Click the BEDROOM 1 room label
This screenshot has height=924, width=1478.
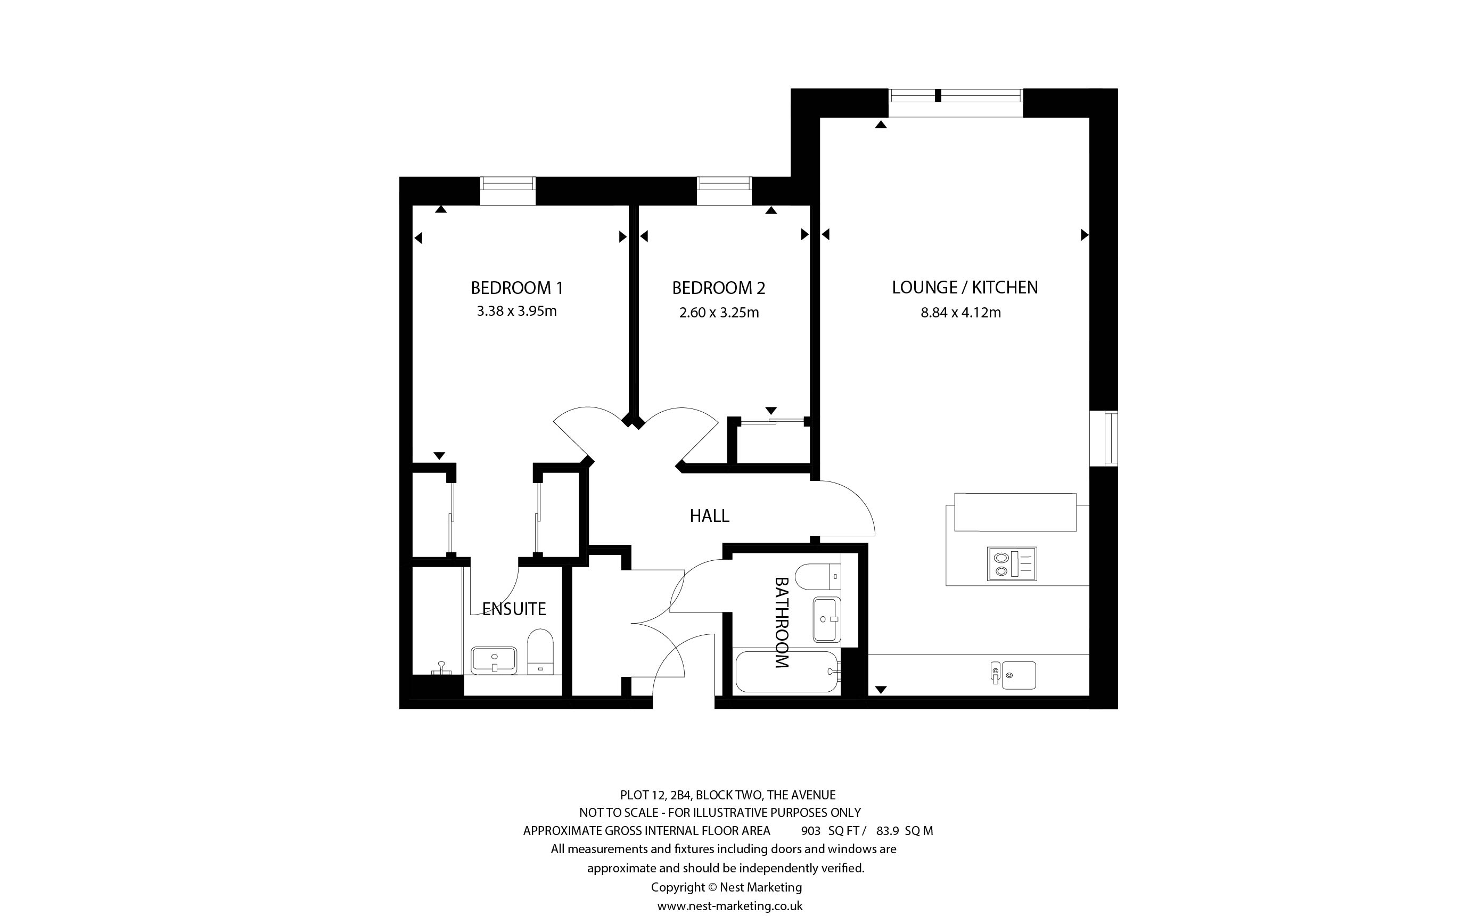(x=516, y=287)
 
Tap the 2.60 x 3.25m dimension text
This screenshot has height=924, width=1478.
(x=719, y=313)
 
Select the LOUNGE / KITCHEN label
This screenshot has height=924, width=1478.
(x=964, y=287)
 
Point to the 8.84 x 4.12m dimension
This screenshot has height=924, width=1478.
(x=960, y=313)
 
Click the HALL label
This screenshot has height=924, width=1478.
(x=709, y=516)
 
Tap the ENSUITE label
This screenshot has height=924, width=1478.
(x=514, y=609)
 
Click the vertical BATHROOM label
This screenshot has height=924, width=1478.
(x=782, y=622)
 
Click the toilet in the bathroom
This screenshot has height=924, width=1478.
(x=818, y=576)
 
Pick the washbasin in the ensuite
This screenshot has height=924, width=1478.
(x=494, y=660)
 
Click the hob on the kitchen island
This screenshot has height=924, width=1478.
(x=1012, y=563)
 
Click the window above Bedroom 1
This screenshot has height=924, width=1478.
(x=507, y=191)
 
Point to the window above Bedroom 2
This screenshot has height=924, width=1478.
(x=724, y=191)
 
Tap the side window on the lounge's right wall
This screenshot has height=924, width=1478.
(x=1104, y=439)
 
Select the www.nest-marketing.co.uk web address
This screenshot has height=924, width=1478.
(x=730, y=906)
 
